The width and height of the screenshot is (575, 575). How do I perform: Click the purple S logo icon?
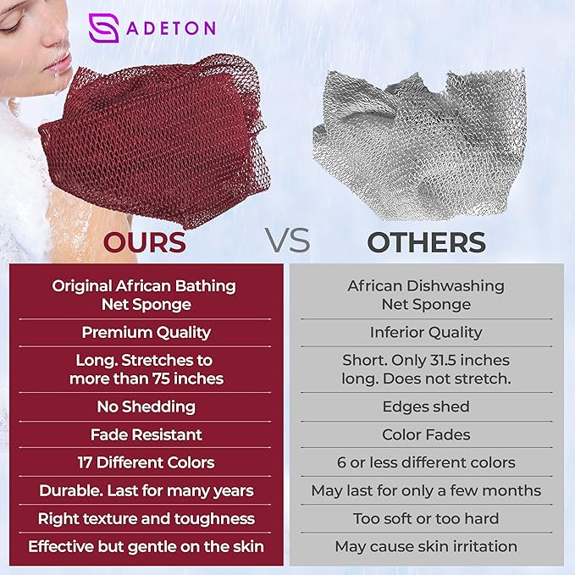[x=103, y=27]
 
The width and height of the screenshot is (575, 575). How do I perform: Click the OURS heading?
[x=144, y=242]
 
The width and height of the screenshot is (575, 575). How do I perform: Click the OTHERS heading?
[x=426, y=242]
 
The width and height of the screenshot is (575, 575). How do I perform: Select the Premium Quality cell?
[x=147, y=333]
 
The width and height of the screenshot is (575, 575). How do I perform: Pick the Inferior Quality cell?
[x=426, y=333]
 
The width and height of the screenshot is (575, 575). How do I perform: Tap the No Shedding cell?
[x=147, y=406]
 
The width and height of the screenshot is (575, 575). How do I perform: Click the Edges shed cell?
[x=426, y=406]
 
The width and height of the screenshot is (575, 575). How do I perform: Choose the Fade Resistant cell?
[x=147, y=434]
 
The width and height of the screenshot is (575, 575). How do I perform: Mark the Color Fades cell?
[x=426, y=434]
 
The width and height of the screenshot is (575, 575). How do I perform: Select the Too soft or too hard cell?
[x=426, y=518]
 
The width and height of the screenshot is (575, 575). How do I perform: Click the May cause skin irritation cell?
[x=426, y=546]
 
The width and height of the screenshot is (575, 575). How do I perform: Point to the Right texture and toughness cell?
[x=147, y=518]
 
